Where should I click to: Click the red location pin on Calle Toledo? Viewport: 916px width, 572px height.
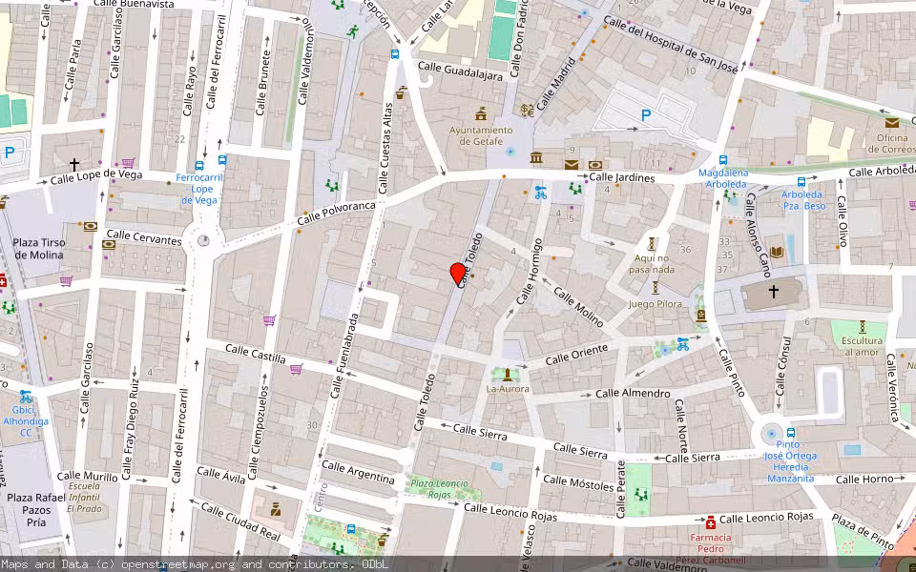459,275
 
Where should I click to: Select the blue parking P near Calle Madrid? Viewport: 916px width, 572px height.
646,115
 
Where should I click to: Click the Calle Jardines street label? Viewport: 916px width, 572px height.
622,178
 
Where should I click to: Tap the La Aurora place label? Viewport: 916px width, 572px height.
508,389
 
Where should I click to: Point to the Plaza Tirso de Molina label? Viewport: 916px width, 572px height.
39,249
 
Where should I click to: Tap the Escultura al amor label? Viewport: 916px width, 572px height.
861,347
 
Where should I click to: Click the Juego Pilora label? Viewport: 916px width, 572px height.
656,304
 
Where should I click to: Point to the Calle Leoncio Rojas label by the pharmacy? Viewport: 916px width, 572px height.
766,518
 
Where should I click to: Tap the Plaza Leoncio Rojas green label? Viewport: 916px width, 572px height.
439,489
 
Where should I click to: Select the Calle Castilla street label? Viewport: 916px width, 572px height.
256,354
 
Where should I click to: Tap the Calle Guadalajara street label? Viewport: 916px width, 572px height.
460,71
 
